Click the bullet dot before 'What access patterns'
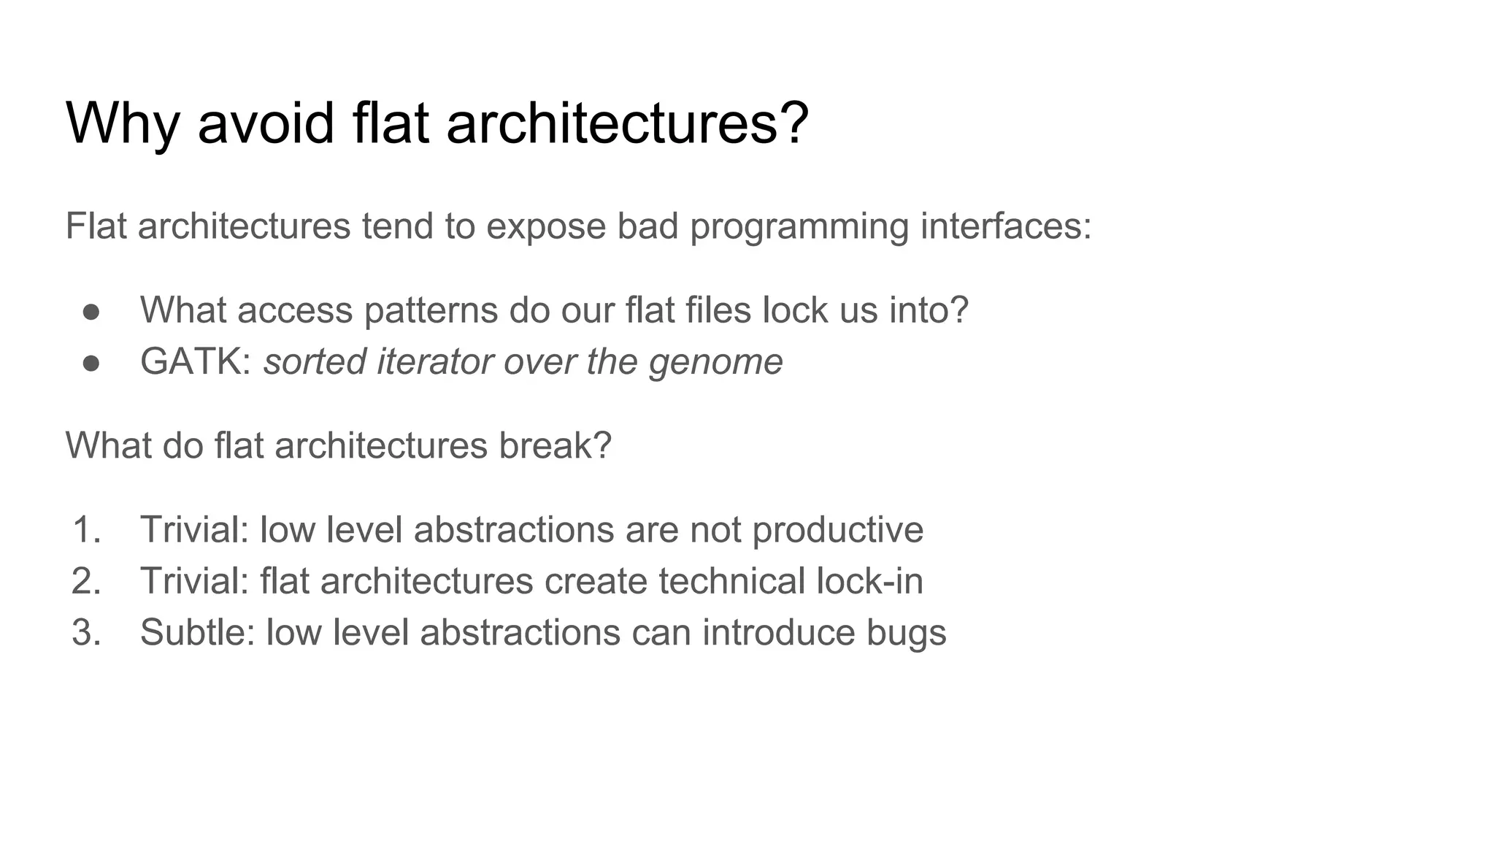click(91, 312)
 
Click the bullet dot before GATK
click(91, 363)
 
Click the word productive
click(837, 531)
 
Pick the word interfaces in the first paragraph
click(1005, 226)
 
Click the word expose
click(545, 227)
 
